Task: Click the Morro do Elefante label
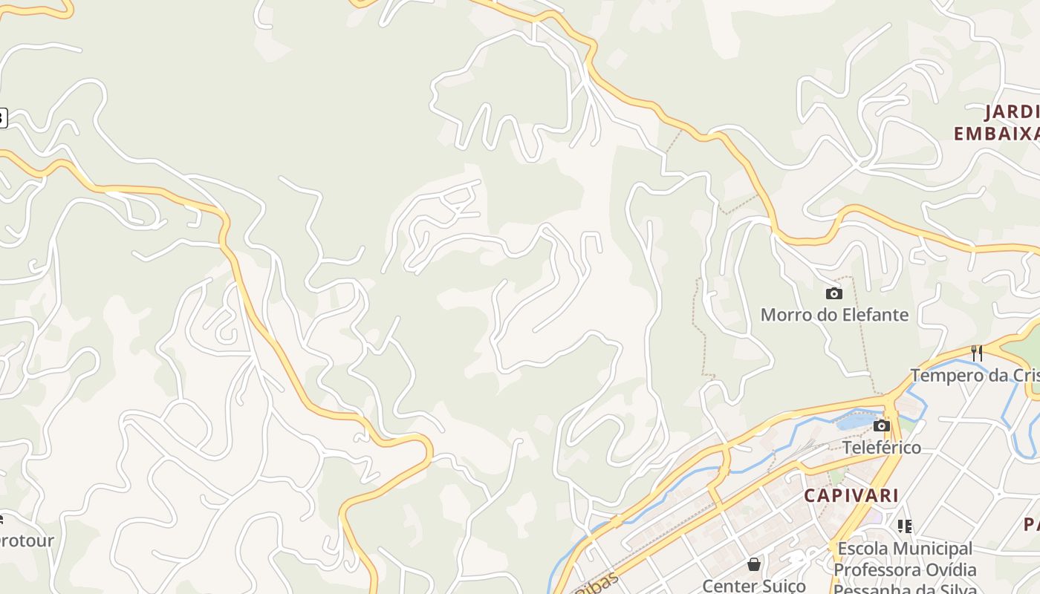pos(834,315)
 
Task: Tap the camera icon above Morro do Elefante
pos(834,294)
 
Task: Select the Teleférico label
pos(882,448)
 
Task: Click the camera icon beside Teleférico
pos(882,426)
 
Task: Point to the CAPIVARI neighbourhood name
pos(851,495)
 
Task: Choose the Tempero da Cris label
pos(975,375)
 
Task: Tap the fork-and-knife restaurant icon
pos(977,353)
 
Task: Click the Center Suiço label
pos(754,586)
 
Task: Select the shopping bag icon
pos(754,565)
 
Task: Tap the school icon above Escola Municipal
pos(905,526)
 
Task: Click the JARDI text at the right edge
pos(1012,112)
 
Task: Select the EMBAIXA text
pos(995,134)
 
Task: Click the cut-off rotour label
pos(27,541)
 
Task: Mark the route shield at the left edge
pos(3,117)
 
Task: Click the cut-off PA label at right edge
pos(1032,524)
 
